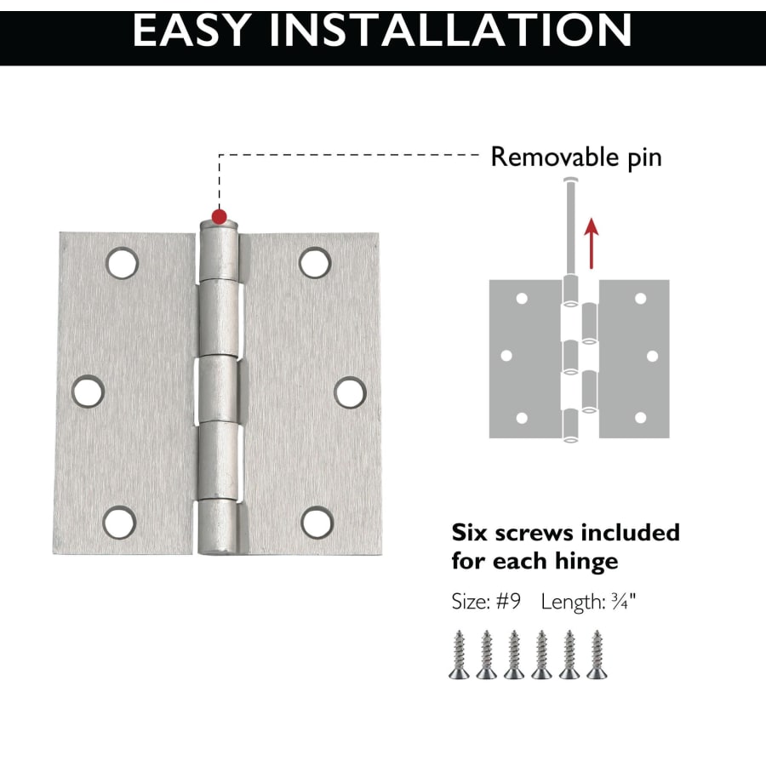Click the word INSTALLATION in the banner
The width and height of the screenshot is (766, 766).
pyautogui.click(x=450, y=31)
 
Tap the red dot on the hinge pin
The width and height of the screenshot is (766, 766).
pyautogui.click(x=220, y=216)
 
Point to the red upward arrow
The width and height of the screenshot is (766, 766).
pyautogui.click(x=592, y=243)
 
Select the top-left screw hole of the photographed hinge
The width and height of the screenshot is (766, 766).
pyautogui.click(x=122, y=263)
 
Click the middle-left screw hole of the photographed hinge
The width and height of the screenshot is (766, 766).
pyautogui.click(x=88, y=392)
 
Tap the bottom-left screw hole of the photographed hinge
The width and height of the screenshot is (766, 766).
pyautogui.click(x=120, y=523)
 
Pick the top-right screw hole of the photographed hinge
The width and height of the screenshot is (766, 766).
pyautogui.click(x=315, y=263)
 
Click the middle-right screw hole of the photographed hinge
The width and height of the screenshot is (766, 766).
pyautogui.click(x=351, y=392)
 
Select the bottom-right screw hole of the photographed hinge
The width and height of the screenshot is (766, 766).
pyautogui.click(x=317, y=523)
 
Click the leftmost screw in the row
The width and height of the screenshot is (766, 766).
pyautogui.click(x=460, y=655)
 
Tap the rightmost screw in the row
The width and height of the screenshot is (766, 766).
pyautogui.click(x=597, y=655)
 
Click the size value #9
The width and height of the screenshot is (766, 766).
pyautogui.click(x=508, y=602)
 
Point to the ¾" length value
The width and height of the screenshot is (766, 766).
pyautogui.click(x=623, y=602)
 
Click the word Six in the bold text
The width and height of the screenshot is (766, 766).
pyautogui.click(x=470, y=533)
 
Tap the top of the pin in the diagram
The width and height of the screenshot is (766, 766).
pyautogui.click(x=570, y=180)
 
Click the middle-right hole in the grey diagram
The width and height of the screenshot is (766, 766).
pyautogui.click(x=652, y=356)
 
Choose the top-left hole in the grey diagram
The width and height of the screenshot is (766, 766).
pyautogui.click(x=522, y=298)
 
